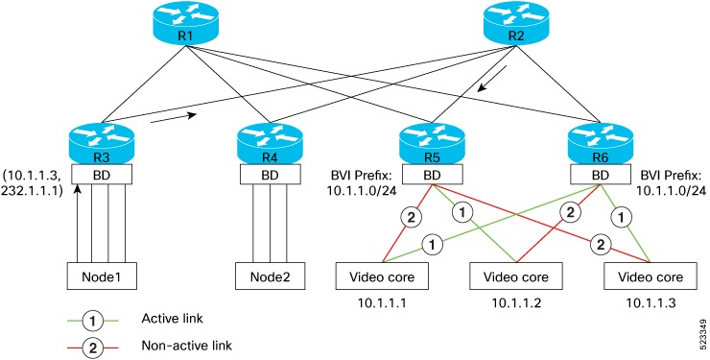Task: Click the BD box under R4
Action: (270, 178)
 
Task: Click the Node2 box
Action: (270, 276)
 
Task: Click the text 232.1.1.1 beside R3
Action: (32, 191)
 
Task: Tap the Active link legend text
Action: (173, 318)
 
